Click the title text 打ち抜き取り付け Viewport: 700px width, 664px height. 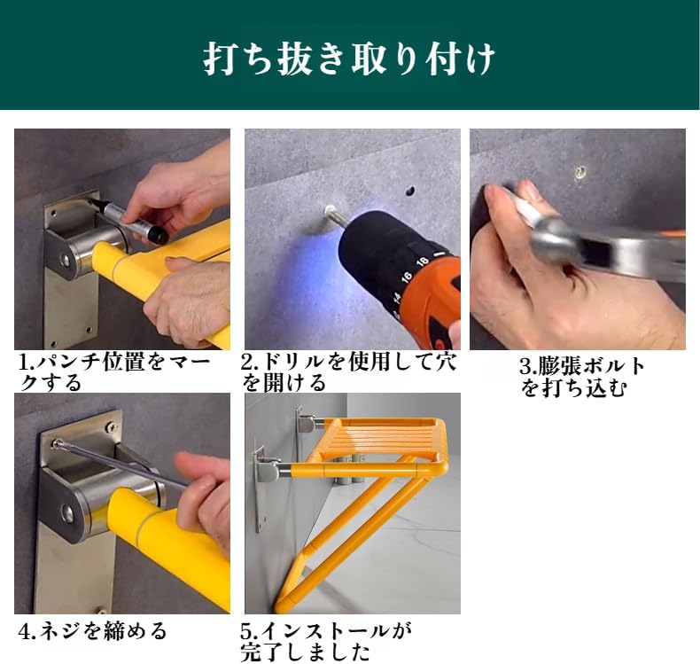tap(349, 59)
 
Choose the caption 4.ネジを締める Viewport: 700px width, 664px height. tap(93, 631)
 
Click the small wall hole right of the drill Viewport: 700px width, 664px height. tap(410, 190)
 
